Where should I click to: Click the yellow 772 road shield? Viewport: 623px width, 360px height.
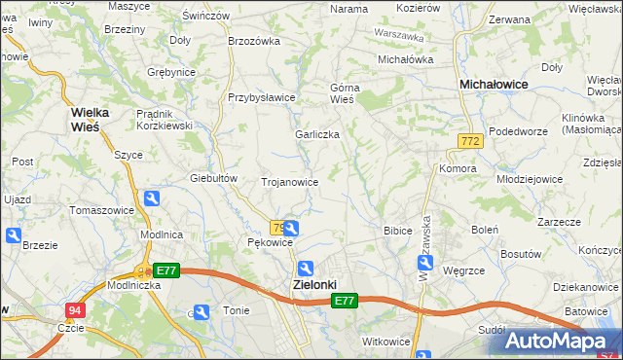pos(470,142)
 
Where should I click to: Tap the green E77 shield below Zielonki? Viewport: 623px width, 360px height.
pos(345,302)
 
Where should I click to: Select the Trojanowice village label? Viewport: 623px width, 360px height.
pos(290,182)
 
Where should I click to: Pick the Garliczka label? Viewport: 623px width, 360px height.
pos(317,134)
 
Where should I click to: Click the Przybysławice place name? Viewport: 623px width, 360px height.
pos(261,97)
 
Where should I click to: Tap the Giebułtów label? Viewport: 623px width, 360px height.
pos(214,178)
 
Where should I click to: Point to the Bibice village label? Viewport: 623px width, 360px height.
pos(398,231)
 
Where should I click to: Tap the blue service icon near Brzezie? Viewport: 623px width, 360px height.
pos(13,235)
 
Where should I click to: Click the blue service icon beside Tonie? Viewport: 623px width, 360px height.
pos(201,312)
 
